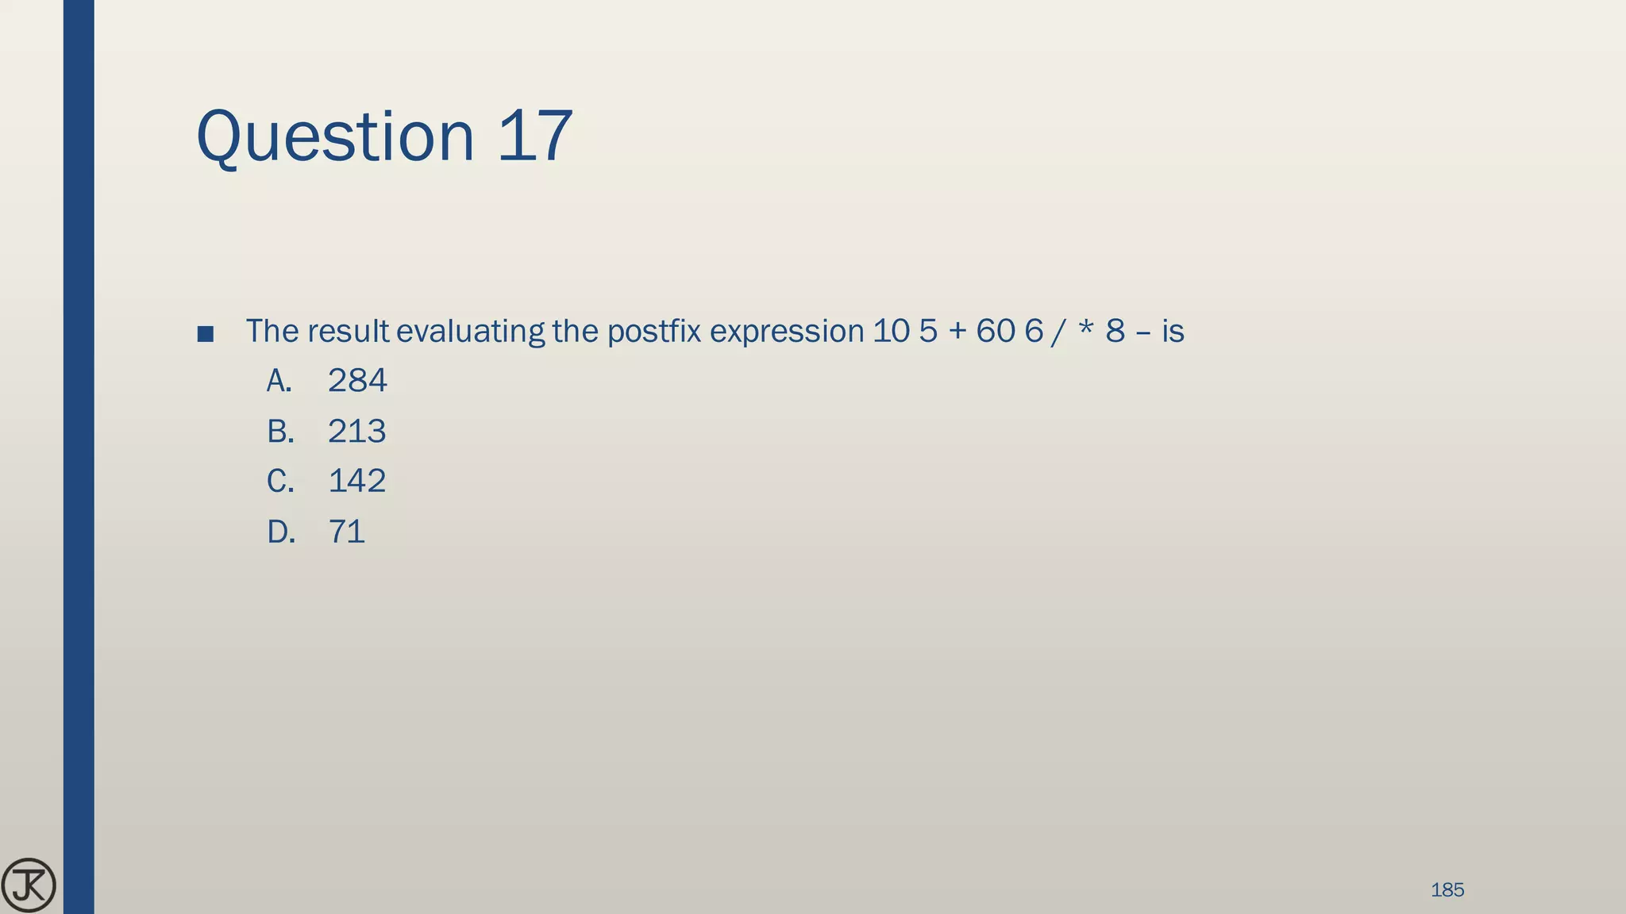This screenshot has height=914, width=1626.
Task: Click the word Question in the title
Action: (x=334, y=136)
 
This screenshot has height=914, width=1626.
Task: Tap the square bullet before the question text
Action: (x=205, y=334)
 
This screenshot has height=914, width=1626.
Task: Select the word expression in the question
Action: (x=786, y=331)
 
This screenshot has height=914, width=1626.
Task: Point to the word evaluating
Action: (x=470, y=331)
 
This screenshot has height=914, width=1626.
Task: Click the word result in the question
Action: (x=348, y=331)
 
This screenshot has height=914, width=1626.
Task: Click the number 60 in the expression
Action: (x=995, y=331)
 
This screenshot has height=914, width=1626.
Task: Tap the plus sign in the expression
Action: (x=956, y=331)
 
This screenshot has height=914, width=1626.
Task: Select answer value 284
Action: (x=357, y=381)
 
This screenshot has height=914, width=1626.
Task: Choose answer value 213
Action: (x=356, y=432)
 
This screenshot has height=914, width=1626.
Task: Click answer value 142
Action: (x=356, y=481)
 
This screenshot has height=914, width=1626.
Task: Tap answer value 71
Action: (x=346, y=532)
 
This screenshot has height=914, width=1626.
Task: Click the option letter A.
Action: (x=278, y=381)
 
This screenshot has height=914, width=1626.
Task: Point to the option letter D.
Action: (x=280, y=532)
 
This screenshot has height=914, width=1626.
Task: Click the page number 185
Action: (x=1447, y=890)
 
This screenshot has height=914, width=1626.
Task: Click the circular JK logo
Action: (x=29, y=885)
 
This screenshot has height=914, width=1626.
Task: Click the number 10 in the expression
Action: (x=891, y=331)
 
